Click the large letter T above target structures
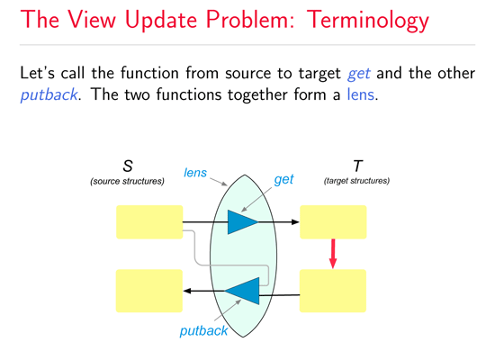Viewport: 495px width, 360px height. [357, 166]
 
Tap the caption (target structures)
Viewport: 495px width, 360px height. [356, 181]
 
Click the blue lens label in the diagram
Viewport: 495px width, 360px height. [194, 172]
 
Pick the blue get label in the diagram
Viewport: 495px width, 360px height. [284, 180]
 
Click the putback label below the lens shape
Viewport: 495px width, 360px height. [203, 331]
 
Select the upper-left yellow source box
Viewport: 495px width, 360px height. [149, 221]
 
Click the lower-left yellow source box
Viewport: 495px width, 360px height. [149, 291]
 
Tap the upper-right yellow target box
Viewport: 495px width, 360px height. [333, 221]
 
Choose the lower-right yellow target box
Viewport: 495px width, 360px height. [333, 291]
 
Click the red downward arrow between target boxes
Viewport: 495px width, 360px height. [333, 254]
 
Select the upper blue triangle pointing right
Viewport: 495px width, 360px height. [240, 221]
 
